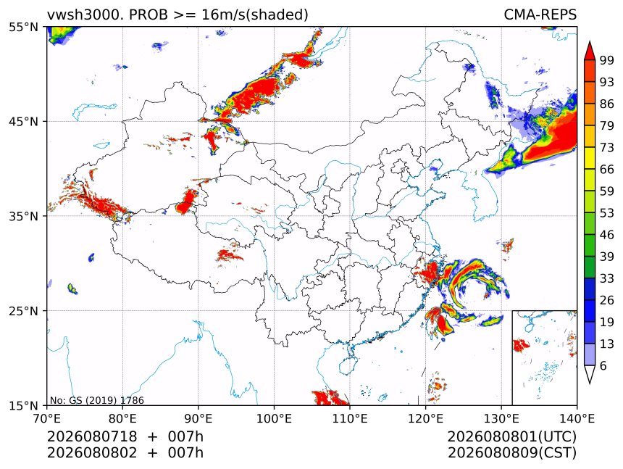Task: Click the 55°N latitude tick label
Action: (x=23, y=28)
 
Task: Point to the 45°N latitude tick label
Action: (x=23, y=122)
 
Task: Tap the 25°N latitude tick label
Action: (x=23, y=311)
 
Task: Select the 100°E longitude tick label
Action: (x=274, y=418)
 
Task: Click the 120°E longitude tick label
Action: (x=425, y=418)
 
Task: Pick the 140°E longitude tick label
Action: (x=577, y=418)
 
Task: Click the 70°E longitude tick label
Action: (x=47, y=418)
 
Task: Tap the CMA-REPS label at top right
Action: (x=540, y=14)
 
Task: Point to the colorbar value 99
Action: (x=607, y=60)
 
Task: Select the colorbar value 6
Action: (x=603, y=365)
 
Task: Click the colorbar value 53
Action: (x=607, y=213)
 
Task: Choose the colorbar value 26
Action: (x=607, y=300)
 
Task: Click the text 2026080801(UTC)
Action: (x=511, y=436)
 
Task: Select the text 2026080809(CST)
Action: (x=511, y=453)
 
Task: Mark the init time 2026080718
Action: (x=92, y=436)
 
